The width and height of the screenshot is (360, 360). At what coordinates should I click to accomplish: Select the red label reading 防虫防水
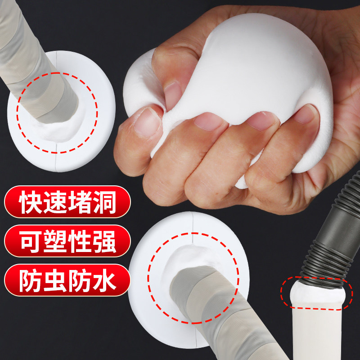click(x=67, y=281)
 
